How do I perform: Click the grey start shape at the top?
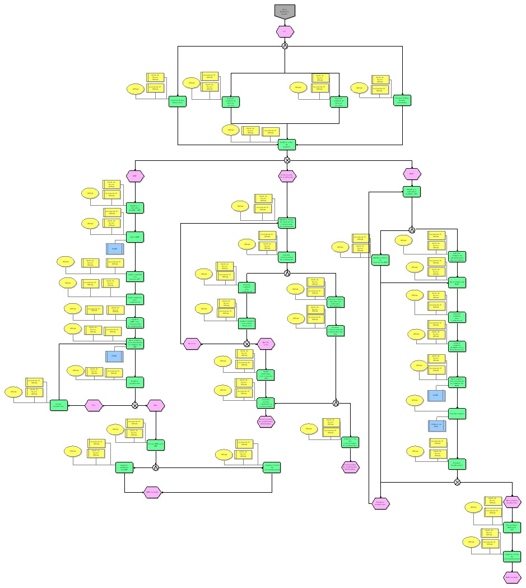click(285, 11)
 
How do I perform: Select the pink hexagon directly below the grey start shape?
click(285, 31)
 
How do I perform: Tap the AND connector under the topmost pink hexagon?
click(285, 46)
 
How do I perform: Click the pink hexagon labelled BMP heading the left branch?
click(134, 176)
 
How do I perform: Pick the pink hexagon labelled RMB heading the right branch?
click(412, 174)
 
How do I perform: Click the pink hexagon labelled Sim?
click(94, 404)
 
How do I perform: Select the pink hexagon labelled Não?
click(156, 404)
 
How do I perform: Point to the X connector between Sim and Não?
click(135, 404)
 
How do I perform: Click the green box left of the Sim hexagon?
click(59, 405)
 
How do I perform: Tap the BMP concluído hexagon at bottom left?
click(152, 492)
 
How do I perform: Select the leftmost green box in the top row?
click(178, 101)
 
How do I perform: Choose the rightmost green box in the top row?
click(402, 101)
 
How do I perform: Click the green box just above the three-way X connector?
click(287, 145)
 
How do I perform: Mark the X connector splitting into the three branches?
click(287, 160)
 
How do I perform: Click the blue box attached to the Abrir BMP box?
click(115, 247)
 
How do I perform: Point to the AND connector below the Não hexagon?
click(156, 467)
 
